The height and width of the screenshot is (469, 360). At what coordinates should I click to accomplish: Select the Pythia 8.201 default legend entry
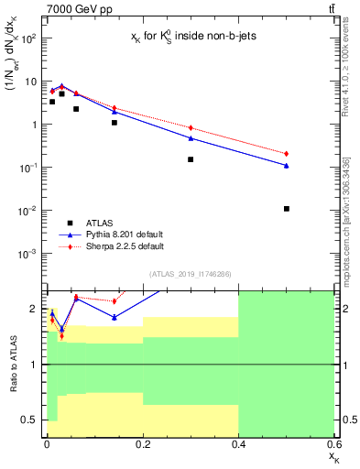click(119, 234)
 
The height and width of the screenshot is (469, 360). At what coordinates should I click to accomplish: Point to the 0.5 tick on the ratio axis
click(33, 420)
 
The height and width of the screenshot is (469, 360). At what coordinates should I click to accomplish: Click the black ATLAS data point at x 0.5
click(287, 209)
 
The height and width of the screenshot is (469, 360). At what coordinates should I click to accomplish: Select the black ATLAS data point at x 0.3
click(191, 159)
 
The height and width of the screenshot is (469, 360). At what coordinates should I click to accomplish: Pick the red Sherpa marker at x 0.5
click(287, 154)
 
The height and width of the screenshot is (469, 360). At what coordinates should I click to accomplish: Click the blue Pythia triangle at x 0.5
click(287, 166)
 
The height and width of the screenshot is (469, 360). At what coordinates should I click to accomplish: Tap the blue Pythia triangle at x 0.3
click(191, 138)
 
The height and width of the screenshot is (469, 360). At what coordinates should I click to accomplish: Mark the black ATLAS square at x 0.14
click(115, 123)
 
